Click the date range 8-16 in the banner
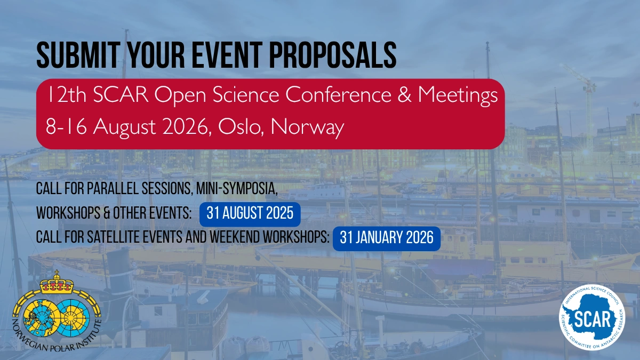(63, 128)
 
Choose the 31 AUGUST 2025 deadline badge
(250, 213)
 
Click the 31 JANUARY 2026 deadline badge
(387, 238)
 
